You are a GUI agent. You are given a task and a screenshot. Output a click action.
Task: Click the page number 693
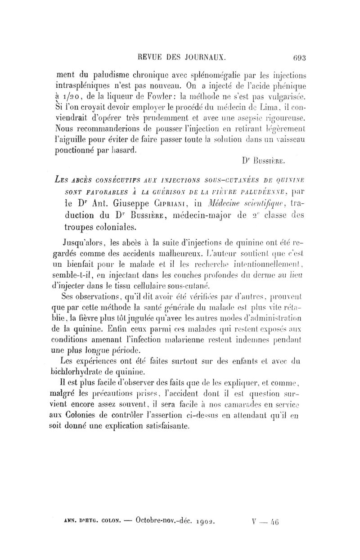coord(298,58)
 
